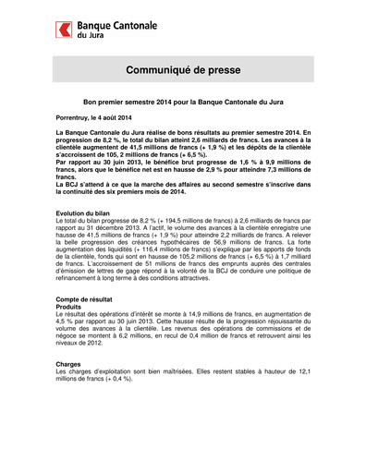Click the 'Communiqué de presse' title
pos(182,70)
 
